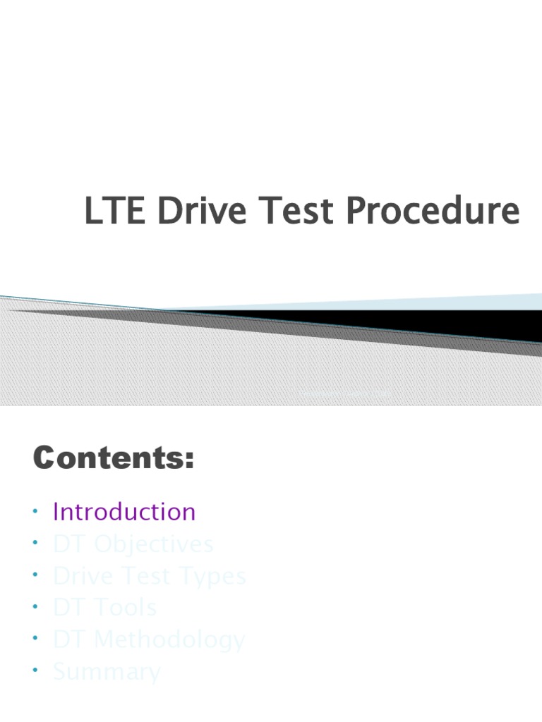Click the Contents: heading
coord(113,460)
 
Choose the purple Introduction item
coord(124,512)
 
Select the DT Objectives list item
coord(133,544)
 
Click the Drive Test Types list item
coord(150,576)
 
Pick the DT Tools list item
coord(104,608)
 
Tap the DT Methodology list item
coord(149,640)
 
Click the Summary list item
coord(107,672)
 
